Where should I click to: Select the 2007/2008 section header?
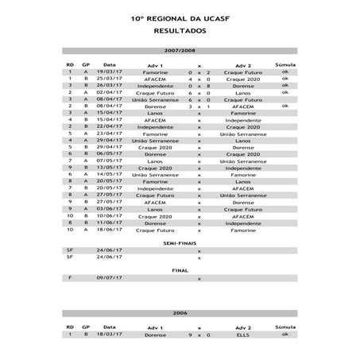click(x=179, y=51)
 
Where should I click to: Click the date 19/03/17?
click(x=110, y=72)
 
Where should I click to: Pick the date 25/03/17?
click(x=110, y=79)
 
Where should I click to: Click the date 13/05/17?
click(x=110, y=168)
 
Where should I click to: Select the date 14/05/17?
click(x=110, y=174)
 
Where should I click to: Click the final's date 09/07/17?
click(x=110, y=277)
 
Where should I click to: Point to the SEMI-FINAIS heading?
click(x=179, y=242)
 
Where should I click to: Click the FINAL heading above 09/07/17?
click(x=179, y=269)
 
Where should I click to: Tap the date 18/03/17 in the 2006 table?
click(x=110, y=335)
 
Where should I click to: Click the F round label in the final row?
click(x=70, y=277)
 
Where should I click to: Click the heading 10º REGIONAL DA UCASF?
click(x=179, y=16)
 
